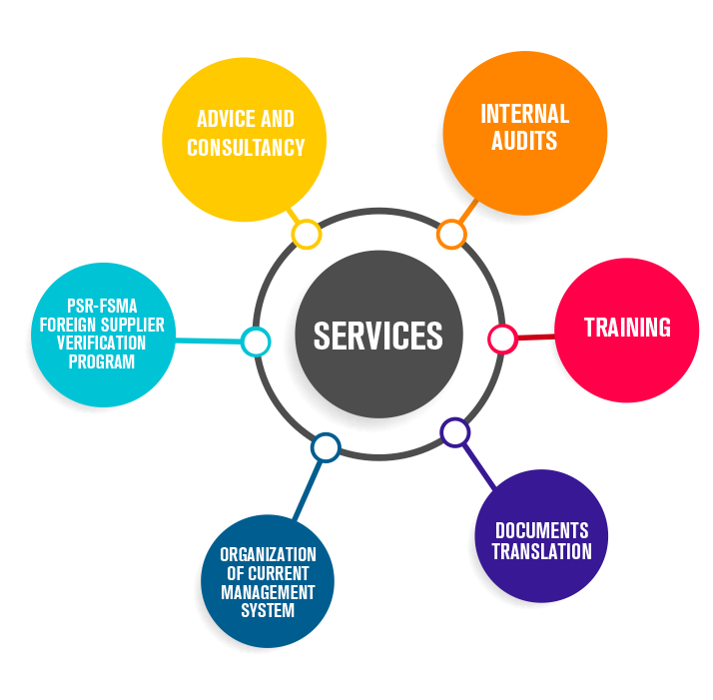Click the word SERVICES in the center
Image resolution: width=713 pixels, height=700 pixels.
tap(377, 336)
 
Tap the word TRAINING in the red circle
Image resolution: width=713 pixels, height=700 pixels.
tap(627, 328)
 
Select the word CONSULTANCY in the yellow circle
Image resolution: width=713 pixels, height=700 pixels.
tap(246, 148)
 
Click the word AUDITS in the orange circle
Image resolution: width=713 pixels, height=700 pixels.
tap(524, 141)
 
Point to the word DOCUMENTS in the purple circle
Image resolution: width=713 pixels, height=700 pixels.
tap(541, 531)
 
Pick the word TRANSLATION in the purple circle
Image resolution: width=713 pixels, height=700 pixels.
tap(541, 551)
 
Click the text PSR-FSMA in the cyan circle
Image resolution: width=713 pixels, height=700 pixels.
tap(102, 306)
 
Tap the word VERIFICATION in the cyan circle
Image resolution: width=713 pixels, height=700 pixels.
tap(101, 343)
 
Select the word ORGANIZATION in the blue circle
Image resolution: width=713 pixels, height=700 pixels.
tap(268, 554)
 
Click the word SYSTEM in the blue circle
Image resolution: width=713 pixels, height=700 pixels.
tap(268, 610)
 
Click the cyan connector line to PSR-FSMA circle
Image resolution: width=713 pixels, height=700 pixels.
tap(208, 341)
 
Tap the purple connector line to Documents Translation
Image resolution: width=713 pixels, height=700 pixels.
tap(478, 467)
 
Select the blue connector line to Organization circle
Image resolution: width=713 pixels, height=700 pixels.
tap(308, 490)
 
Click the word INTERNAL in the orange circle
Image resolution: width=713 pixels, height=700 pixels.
tap(524, 114)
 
